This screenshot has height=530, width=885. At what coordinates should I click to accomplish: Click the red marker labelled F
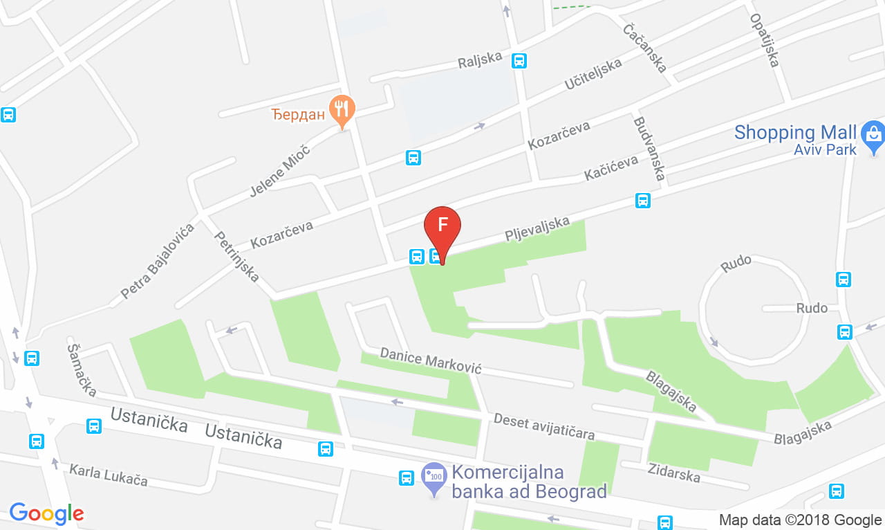pyautogui.click(x=442, y=227)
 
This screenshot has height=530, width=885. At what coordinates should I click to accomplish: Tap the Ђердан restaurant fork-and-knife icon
pyautogui.click(x=342, y=109)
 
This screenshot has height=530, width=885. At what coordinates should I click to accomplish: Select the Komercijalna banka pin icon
pyautogui.click(x=434, y=477)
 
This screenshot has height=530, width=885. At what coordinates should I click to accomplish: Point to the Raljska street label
pyautogui.click(x=480, y=61)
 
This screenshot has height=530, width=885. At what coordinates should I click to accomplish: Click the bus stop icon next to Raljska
pyautogui.click(x=519, y=61)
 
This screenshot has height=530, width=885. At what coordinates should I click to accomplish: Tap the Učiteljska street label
pyautogui.click(x=593, y=75)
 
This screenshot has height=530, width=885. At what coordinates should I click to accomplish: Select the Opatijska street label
pyautogui.click(x=765, y=41)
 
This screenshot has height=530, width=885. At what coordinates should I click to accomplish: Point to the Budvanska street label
pyautogui.click(x=649, y=149)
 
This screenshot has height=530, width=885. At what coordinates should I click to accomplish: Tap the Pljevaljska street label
pyautogui.click(x=537, y=230)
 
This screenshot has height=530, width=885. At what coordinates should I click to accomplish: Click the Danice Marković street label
pyautogui.click(x=430, y=361)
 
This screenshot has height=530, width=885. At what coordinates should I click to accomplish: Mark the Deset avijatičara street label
pyautogui.click(x=544, y=427)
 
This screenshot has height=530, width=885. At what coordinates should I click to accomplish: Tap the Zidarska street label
pyautogui.click(x=673, y=473)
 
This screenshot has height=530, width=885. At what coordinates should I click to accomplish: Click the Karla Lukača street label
pyautogui.click(x=108, y=475)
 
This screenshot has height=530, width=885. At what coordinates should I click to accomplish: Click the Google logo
pyautogui.click(x=46, y=513)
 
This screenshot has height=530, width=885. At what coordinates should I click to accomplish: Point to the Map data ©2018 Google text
pyautogui.click(x=800, y=520)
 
